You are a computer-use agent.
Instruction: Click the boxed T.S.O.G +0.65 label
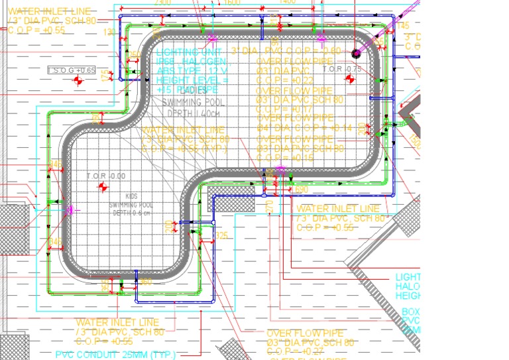[x=72, y=70]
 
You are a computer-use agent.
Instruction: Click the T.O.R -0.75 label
[x=342, y=69]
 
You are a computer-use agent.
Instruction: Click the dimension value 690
[x=301, y=190]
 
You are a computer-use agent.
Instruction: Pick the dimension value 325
[x=221, y=235]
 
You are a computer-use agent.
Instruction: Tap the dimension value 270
[x=269, y=208]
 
